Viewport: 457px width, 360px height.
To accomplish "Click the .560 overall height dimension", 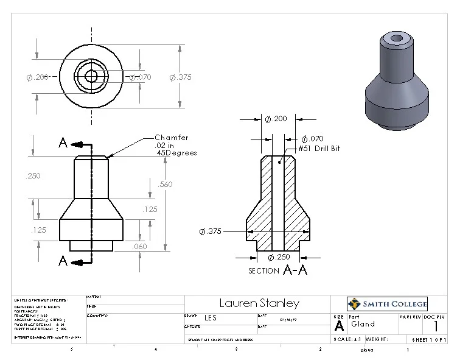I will coord(167,185).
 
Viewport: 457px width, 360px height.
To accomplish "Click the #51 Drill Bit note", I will coord(319,149).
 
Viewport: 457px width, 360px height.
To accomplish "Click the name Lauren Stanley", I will coord(259,303).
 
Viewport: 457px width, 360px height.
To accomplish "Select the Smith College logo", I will coord(387,303).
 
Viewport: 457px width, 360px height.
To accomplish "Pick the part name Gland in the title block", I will coord(363,324).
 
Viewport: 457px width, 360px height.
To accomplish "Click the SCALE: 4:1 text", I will coord(348,339).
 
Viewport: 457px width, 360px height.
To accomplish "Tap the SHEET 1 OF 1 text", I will coord(429,339).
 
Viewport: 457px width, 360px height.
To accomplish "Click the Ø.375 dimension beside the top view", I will coord(180,77).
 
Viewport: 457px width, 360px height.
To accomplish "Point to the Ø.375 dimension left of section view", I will coord(210,231).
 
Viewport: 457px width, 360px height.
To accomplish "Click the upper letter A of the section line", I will coord(63,143).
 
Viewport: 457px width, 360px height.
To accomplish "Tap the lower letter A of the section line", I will coord(63,261).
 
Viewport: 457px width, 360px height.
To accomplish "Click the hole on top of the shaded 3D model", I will coord(397,38).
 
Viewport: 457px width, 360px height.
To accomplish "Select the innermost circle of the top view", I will coord(91,76).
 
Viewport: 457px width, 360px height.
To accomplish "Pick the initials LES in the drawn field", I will coord(210,317).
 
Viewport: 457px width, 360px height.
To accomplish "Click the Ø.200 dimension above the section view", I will coord(276,119).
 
